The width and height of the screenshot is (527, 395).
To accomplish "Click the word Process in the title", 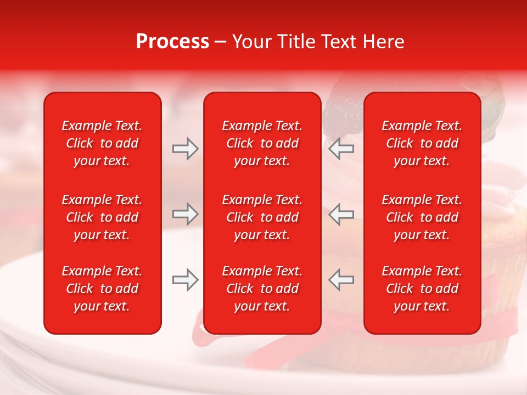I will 172,42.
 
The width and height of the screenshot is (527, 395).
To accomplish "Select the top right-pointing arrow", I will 186,149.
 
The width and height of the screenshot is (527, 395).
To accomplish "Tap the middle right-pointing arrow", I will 186,214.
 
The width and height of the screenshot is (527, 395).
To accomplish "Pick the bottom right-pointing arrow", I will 186,280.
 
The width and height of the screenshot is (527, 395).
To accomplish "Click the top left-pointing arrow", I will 341,149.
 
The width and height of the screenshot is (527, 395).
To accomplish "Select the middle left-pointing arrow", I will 341,214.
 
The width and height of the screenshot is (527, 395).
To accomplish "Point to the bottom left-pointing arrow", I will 341,280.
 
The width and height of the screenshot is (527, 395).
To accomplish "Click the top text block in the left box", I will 102,143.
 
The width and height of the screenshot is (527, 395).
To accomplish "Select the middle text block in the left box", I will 102,217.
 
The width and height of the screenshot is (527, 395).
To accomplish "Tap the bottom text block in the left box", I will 102,289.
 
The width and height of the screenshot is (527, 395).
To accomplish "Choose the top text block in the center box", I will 262,143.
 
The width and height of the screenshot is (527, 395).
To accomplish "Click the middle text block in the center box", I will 262,217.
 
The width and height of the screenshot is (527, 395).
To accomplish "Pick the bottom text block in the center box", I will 262,289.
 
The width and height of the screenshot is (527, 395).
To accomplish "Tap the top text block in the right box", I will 422,143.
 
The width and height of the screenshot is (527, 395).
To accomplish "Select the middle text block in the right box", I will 422,217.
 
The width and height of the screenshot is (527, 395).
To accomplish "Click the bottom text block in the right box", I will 422,289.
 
